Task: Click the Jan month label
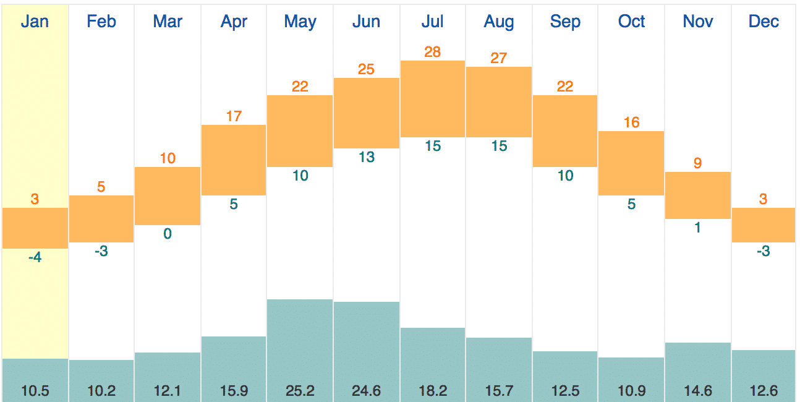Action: click(35, 22)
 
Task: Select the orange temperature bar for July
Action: click(433, 99)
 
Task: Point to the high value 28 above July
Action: click(433, 52)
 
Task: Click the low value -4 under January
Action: click(35, 257)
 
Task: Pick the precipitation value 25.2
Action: click(300, 391)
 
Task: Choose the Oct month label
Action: click(631, 22)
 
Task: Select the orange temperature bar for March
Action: click(168, 195)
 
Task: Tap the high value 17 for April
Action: click(234, 116)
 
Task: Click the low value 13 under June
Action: click(367, 157)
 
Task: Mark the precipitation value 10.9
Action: click(631, 391)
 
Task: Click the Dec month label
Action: click(764, 22)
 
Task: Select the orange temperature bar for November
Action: click(698, 195)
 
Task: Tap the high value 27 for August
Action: click(499, 58)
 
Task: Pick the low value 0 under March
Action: click(168, 234)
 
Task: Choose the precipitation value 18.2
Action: click(433, 391)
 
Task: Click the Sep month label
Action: click(565, 22)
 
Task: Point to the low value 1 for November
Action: click(698, 228)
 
